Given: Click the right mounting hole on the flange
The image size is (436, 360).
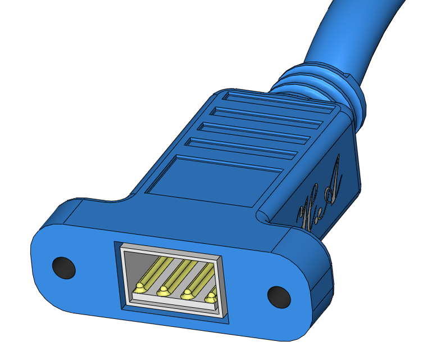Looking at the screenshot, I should click(278, 296).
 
